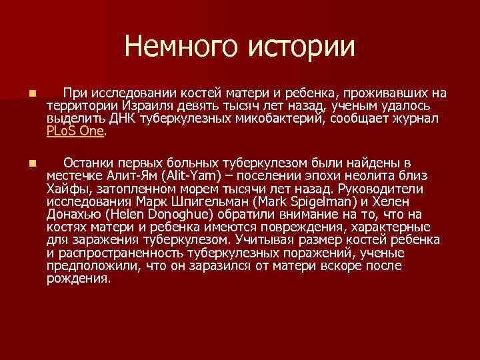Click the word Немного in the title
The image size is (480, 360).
[181, 46]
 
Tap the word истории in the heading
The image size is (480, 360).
[301, 46]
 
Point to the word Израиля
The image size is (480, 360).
[150, 106]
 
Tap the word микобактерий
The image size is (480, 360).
[270, 119]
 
